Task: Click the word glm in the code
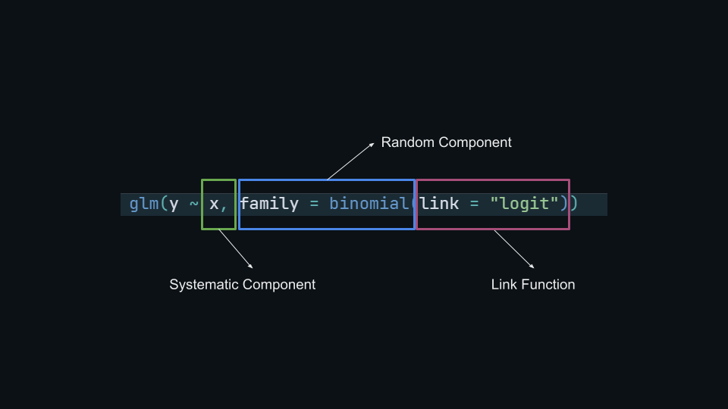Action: (143, 204)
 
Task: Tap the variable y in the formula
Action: (174, 204)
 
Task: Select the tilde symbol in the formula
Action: (193, 204)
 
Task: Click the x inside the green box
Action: (214, 204)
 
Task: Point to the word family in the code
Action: (269, 204)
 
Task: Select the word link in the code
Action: (440, 204)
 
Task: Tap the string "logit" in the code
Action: (524, 204)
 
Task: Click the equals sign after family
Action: (314, 204)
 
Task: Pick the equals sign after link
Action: (474, 204)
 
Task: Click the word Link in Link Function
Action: (504, 285)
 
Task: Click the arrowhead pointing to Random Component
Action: (372, 144)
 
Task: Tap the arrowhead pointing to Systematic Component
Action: (250, 266)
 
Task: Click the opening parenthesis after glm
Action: (164, 204)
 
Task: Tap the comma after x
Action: (224, 207)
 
